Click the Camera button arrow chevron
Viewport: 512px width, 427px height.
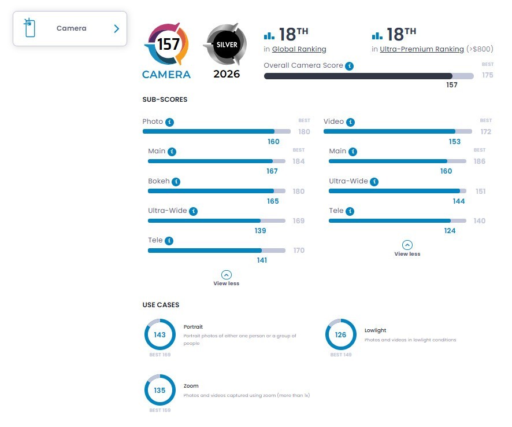coord(117,29)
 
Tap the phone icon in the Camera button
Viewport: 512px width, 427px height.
coord(29,27)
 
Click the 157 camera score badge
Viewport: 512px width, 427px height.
coord(166,44)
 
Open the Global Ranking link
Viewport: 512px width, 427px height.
coord(299,49)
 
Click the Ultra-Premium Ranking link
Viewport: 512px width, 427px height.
coord(421,49)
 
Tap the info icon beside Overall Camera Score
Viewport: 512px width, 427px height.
coord(350,66)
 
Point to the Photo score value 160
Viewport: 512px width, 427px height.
coord(273,142)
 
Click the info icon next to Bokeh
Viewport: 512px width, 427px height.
coord(176,182)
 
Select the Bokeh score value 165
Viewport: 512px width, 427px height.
coord(273,201)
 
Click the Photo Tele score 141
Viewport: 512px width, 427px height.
coord(262,260)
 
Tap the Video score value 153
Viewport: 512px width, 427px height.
coord(455,142)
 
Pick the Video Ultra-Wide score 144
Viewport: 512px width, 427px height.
coord(458,201)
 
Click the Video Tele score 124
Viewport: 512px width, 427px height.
coord(450,231)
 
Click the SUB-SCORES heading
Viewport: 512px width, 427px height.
coord(165,100)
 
